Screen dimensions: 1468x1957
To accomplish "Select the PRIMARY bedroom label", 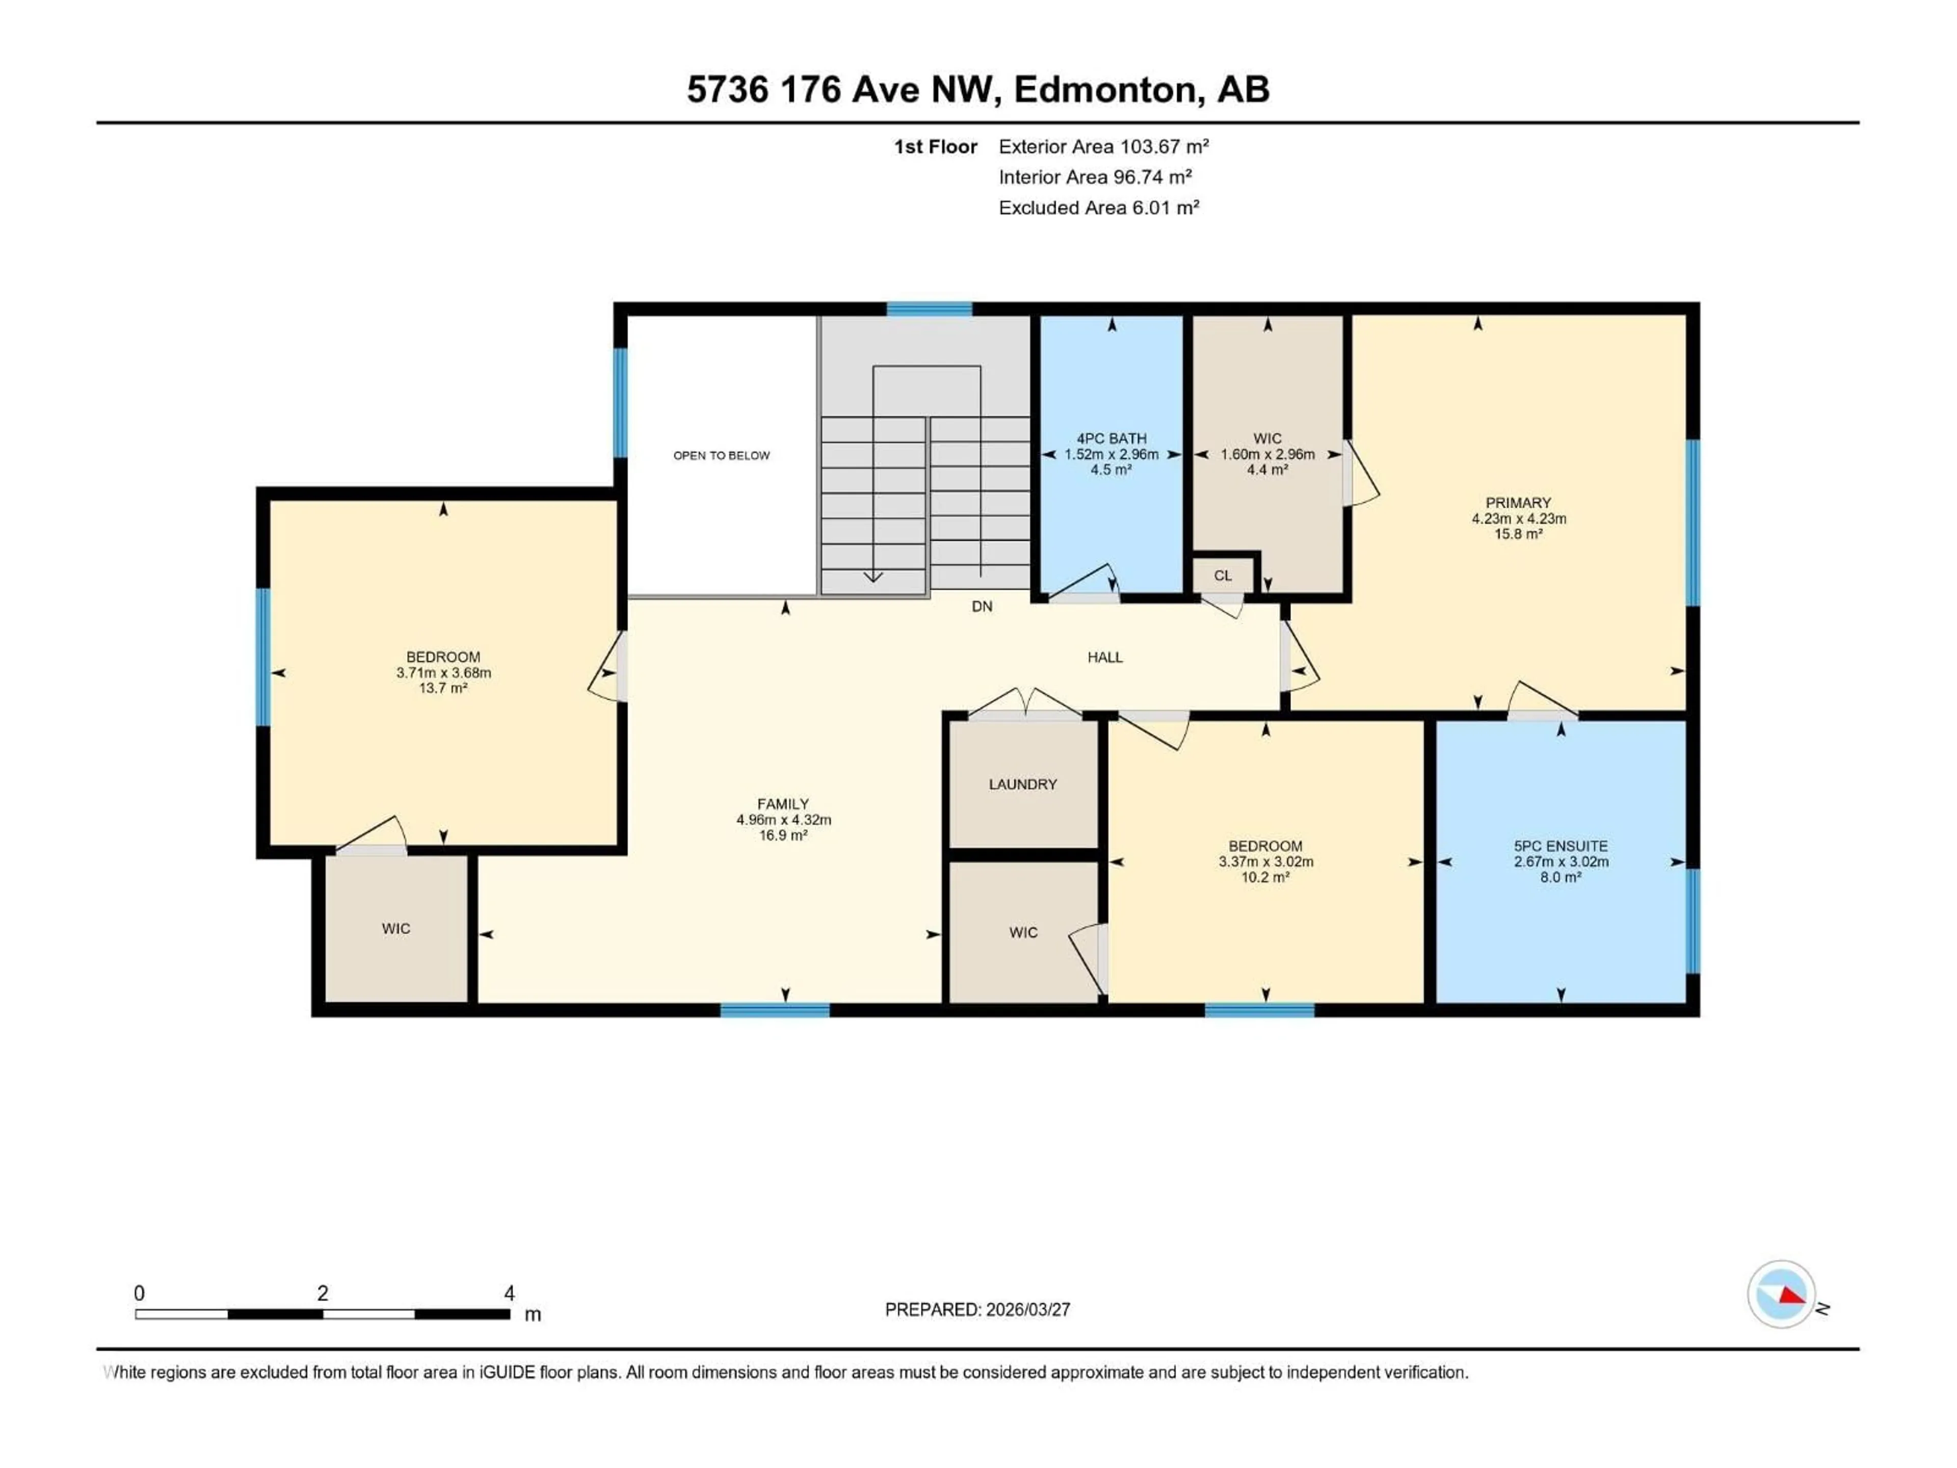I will click(x=1518, y=503).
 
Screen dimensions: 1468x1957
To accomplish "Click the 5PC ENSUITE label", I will click(x=1561, y=846).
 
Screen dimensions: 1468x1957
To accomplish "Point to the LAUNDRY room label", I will click(x=1023, y=784).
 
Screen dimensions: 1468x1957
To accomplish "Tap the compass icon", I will click(x=1781, y=1295).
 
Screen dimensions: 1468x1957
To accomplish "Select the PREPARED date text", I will click(x=977, y=1309).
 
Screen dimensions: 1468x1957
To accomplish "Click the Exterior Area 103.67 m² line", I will click(x=1103, y=147).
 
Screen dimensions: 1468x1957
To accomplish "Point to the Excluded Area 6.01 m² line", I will click(x=1099, y=208).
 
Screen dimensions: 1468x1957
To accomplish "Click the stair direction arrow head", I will click(x=873, y=577).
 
